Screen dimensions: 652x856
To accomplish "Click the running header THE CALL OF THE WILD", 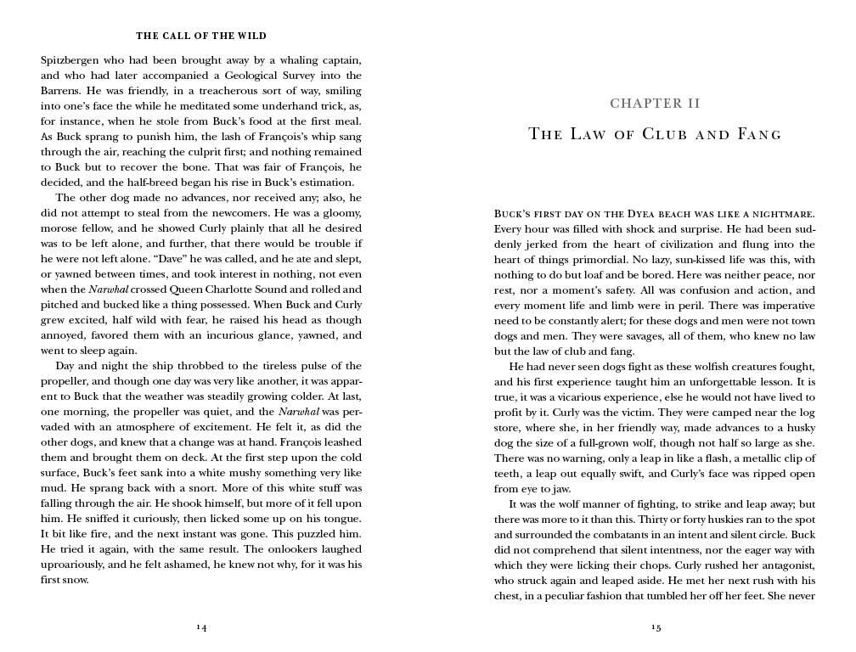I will click(201, 37).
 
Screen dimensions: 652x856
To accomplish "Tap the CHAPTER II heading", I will click(655, 104).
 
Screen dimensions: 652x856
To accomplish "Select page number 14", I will click(201, 627).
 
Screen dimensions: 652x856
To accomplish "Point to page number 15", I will click(656, 627).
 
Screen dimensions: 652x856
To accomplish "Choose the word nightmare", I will click(780, 213).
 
